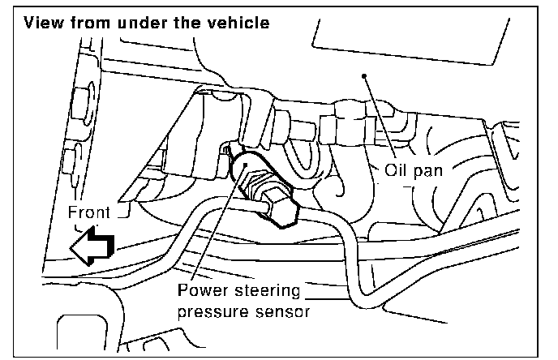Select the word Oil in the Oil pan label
click(400, 171)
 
